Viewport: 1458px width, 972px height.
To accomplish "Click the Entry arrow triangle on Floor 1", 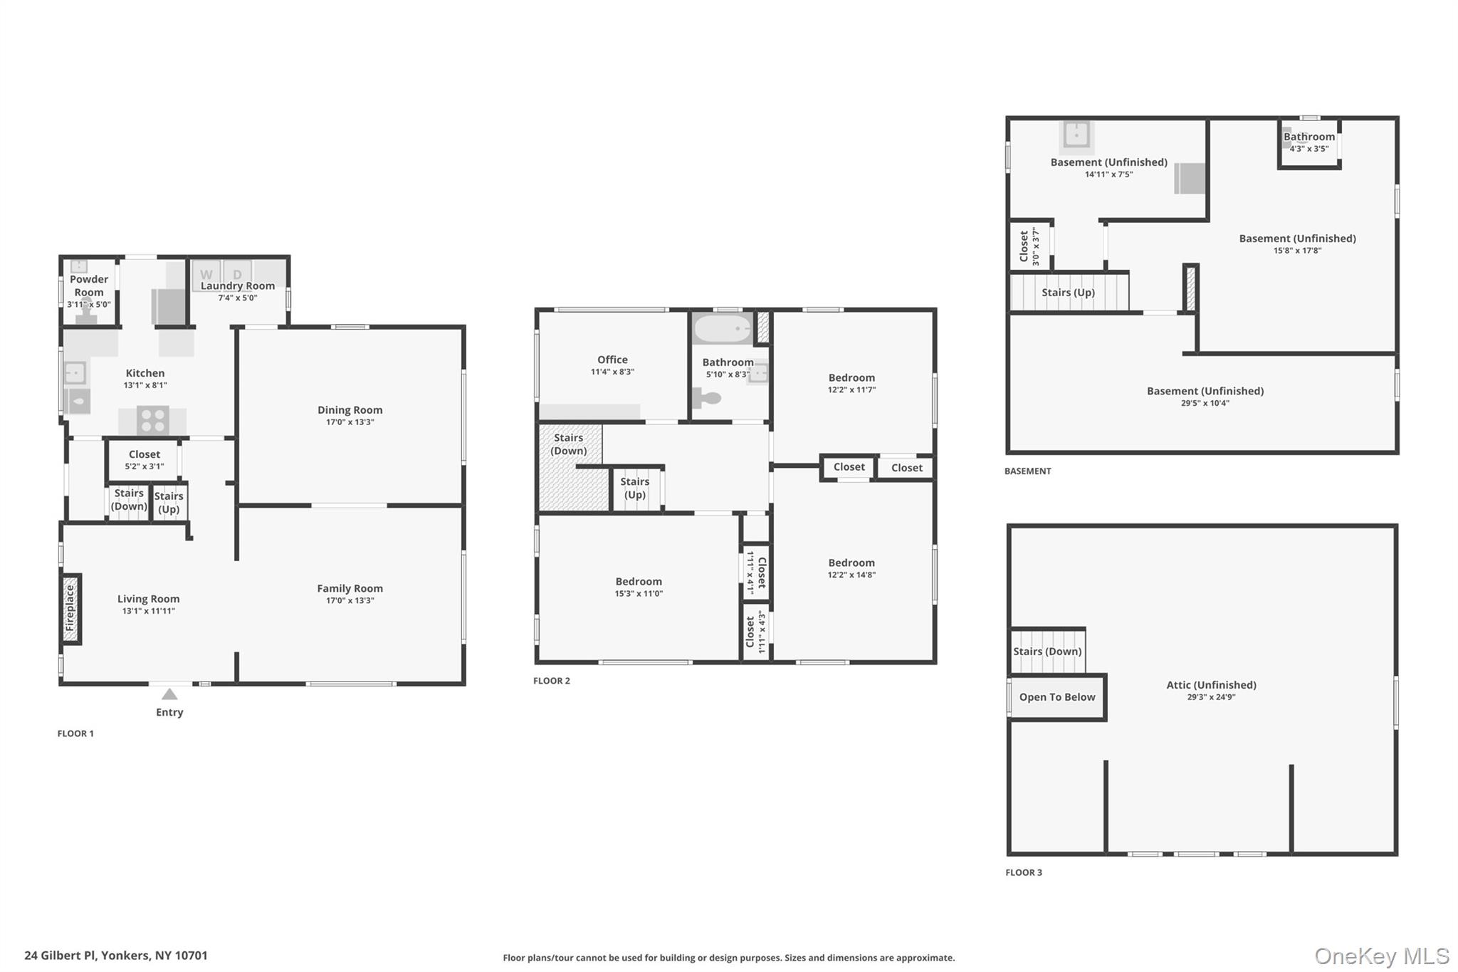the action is point(169,694).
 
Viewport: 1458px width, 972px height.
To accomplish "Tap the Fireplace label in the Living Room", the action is point(70,609).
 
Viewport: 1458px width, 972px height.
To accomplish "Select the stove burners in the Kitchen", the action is point(152,419).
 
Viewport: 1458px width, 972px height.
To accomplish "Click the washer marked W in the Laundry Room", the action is point(206,274).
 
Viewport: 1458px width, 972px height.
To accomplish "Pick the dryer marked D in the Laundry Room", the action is point(237,274).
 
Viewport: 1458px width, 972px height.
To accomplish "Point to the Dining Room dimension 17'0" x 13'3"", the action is point(350,422).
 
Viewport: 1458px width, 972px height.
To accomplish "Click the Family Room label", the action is point(350,588).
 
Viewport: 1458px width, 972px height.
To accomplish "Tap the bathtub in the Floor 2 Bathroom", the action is point(723,329).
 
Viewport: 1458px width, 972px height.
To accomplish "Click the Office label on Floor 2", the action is point(612,360).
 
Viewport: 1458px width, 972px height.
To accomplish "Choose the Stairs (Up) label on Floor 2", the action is point(635,488).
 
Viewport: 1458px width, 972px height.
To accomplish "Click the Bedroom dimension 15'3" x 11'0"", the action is point(639,594).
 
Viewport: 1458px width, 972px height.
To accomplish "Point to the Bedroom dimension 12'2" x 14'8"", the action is point(851,575).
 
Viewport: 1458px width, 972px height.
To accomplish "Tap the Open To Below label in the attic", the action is point(1057,697).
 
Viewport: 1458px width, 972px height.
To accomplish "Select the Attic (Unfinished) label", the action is point(1211,685).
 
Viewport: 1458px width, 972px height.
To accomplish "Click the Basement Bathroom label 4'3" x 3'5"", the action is point(1309,149).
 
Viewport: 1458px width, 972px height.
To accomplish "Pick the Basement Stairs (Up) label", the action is point(1068,293).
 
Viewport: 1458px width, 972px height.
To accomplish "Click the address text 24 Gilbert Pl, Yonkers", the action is point(116,956).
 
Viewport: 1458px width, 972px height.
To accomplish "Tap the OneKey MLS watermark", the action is point(1382,956).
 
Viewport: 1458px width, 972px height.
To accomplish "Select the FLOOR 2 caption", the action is point(552,681).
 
